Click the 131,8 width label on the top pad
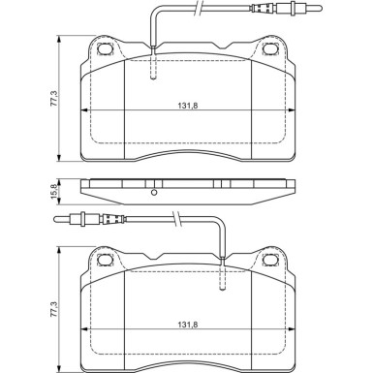[x=188, y=106]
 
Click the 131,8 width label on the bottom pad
[x=188, y=325]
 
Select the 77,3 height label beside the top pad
[x=54, y=99]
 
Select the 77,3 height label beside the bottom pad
[x=54, y=309]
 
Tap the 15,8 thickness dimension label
[x=54, y=191]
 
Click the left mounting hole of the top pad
[x=106, y=48]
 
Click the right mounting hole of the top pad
[x=270, y=48]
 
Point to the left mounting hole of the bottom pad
[x=106, y=260]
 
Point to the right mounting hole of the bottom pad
[x=270, y=260]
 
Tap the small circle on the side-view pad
[x=154, y=193]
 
